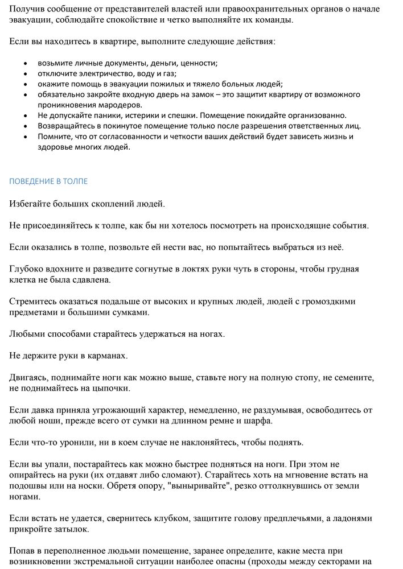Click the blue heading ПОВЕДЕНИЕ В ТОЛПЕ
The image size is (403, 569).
[x=48, y=181]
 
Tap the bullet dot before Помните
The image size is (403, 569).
[x=25, y=137]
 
